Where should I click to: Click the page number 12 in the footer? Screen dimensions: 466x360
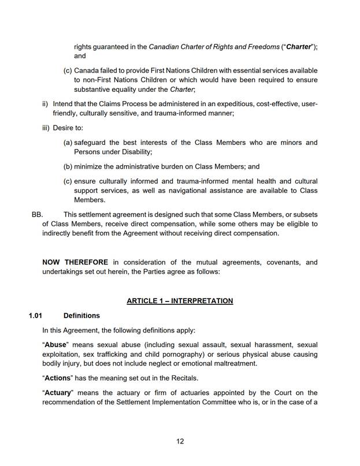click(x=180, y=441)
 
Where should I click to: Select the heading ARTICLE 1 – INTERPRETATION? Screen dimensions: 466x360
click(x=180, y=301)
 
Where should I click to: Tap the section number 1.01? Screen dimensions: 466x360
click(x=36, y=316)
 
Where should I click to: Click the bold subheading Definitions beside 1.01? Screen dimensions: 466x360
click(x=81, y=316)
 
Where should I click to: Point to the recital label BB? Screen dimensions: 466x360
click(x=38, y=214)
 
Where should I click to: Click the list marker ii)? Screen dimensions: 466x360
click(x=45, y=104)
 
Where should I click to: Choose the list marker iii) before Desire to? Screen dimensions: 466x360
click(x=46, y=128)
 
